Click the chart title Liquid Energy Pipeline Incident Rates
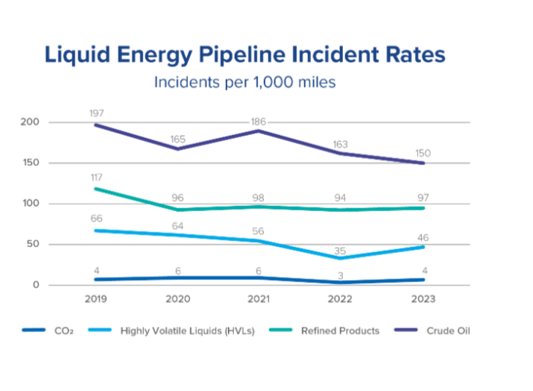pos(245,55)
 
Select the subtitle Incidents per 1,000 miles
pos(245,82)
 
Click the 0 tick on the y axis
pos(35,285)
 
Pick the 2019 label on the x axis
pos(96,299)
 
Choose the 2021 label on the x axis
pos(258,299)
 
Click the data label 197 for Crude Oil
pos(96,113)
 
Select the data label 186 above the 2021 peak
pos(258,121)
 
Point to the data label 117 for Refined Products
pos(96,178)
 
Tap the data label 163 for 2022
pos(340,144)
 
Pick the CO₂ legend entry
pos(59,331)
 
